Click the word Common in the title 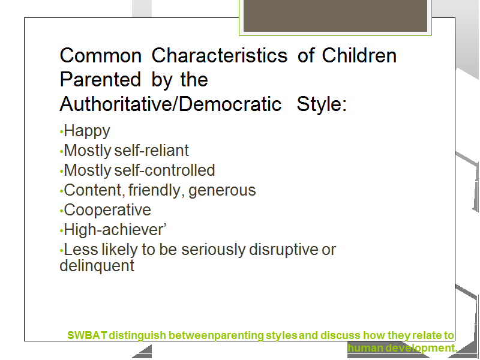(x=100, y=56)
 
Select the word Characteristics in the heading (x=220, y=55)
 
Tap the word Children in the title (x=359, y=55)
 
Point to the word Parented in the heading (x=100, y=80)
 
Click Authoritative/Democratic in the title (x=170, y=104)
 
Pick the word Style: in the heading (x=322, y=104)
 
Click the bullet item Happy (x=87, y=131)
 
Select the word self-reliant (x=152, y=151)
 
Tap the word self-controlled (x=164, y=170)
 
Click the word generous (x=222, y=191)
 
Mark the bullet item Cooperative (x=107, y=211)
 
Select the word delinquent (x=97, y=265)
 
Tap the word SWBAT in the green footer (x=87, y=335)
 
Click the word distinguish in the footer (x=137, y=335)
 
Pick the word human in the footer (x=365, y=348)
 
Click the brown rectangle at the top (x=335, y=16)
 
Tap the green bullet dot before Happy (x=62, y=132)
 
